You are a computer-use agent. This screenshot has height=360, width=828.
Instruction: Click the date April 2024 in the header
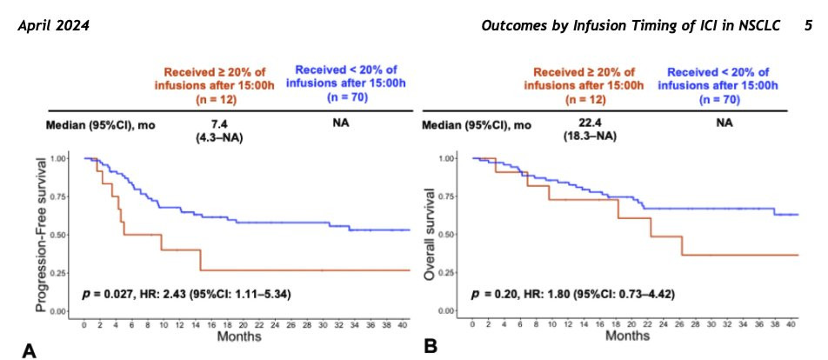(x=53, y=26)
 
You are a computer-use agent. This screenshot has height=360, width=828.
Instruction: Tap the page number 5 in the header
(x=808, y=26)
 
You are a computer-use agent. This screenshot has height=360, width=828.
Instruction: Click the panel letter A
(x=29, y=350)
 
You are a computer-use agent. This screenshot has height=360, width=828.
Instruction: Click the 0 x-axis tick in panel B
(x=472, y=323)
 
